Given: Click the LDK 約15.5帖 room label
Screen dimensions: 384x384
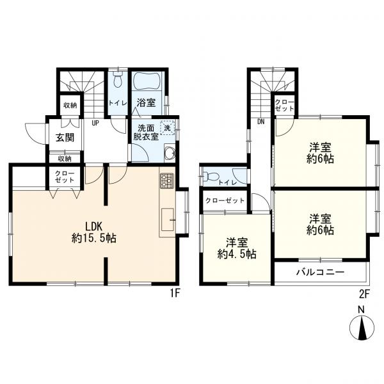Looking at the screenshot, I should pyautogui.click(x=93, y=232).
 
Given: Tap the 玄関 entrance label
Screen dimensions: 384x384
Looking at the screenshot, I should pyautogui.click(x=64, y=138).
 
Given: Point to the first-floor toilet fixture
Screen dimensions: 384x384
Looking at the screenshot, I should pyautogui.click(x=117, y=82).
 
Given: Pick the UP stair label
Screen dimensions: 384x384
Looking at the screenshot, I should pyautogui.click(x=95, y=124).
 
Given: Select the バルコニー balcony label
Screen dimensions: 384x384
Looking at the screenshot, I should pyautogui.click(x=321, y=272).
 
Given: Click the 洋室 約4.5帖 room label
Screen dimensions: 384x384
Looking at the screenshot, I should pyautogui.click(x=237, y=248).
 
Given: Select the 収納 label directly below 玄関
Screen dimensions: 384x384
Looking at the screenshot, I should pyautogui.click(x=64, y=158).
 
